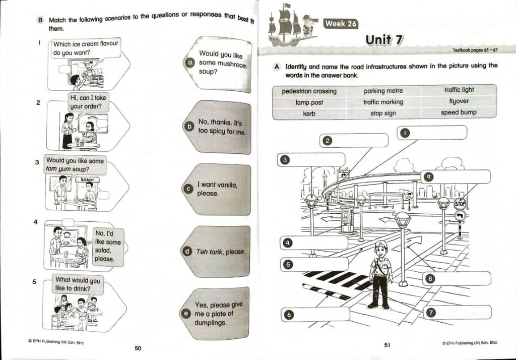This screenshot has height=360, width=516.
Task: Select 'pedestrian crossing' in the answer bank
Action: pos(309,91)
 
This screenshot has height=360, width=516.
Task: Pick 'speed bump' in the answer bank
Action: pos(459,112)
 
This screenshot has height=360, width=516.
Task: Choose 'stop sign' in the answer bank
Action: pos(383,113)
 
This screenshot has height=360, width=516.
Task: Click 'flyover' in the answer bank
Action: pos(459,101)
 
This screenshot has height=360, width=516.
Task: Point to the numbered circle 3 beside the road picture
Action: pos(285,160)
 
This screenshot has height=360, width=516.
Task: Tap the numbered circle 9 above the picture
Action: pos(427,176)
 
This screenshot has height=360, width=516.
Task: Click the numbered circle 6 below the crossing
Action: pos(289,315)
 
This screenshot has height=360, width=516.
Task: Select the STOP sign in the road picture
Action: pos(460,204)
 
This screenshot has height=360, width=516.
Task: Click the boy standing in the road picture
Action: pos(380,275)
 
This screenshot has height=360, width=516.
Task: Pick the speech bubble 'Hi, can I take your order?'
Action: pos(89,102)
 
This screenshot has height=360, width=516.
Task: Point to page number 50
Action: pos(138,347)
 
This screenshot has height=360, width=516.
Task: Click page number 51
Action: pos(387,345)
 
